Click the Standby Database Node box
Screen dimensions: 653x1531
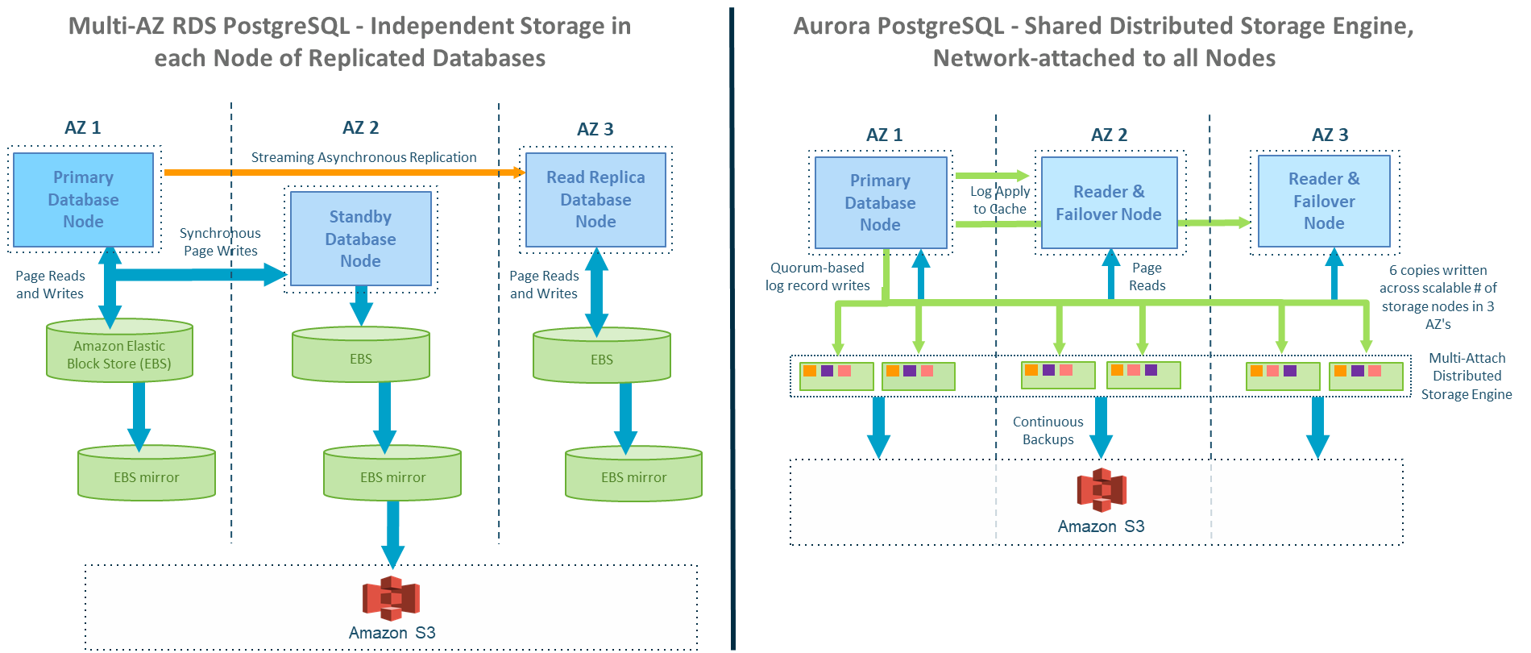pos(360,239)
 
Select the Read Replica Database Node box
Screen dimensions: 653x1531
pos(595,200)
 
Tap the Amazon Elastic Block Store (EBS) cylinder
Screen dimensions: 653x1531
pos(119,353)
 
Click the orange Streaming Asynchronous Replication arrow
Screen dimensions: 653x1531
pos(338,172)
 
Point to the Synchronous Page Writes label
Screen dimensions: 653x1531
pos(220,242)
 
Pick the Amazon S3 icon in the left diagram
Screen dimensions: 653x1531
pos(392,598)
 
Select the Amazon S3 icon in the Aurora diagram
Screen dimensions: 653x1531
pos(1101,490)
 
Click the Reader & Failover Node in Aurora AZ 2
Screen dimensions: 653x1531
pos(1109,203)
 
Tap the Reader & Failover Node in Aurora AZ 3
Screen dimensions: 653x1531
pos(1324,202)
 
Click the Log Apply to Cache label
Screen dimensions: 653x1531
pos(999,200)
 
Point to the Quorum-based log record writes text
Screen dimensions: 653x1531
pos(817,277)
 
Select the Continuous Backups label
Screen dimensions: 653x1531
pos(1048,430)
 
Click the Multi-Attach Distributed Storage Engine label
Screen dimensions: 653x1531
pos(1467,376)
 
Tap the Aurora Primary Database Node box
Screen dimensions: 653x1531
pos(880,203)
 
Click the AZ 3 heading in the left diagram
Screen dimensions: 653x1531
pos(595,129)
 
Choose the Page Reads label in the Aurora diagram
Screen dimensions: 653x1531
pos(1147,277)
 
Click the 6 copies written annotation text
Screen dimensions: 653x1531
pos(1438,297)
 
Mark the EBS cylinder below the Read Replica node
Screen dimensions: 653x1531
pos(601,356)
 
